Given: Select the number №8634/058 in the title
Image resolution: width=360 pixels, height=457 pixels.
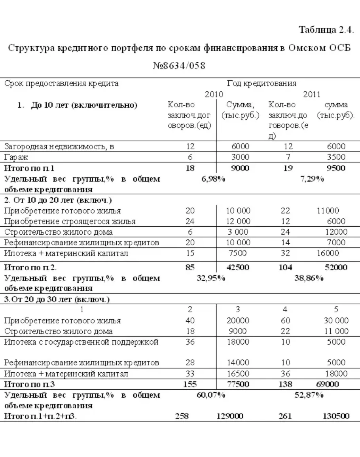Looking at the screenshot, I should pyautogui.click(x=179, y=65).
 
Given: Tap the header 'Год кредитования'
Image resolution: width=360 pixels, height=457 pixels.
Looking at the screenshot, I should pyautogui.click(x=261, y=83).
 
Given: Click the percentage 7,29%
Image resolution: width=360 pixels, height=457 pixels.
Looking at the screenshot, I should pyautogui.click(x=312, y=179).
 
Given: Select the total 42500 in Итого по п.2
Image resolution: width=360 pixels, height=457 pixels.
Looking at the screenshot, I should pyautogui.click(x=237, y=267).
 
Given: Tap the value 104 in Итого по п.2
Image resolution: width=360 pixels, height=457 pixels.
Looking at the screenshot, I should pyautogui.click(x=285, y=267).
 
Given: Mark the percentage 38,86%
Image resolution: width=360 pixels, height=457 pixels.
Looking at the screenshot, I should pyautogui.click(x=309, y=278).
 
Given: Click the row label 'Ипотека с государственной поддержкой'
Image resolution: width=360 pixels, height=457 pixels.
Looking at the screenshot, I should pyautogui.click(x=81, y=342).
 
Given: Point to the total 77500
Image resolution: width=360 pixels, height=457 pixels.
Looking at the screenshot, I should pyautogui.click(x=237, y=384).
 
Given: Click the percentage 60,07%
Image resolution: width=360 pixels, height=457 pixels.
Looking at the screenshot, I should pyautogui.click(x=211, y=395).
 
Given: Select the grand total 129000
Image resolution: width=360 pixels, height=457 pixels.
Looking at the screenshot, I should pyautogui.click(x=230, y=416).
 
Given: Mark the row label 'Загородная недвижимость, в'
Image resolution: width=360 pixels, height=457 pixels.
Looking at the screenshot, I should pyautogui.click(x=59, y=147).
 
